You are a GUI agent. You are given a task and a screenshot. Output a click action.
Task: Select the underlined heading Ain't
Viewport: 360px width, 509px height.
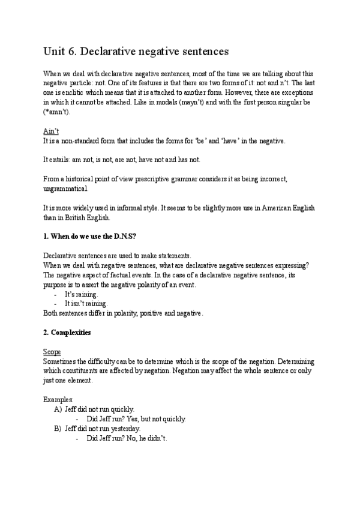pyautogui.click(x=51, y=130)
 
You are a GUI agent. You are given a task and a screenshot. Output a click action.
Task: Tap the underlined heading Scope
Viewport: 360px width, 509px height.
pyautogui.click(x=52, y=352)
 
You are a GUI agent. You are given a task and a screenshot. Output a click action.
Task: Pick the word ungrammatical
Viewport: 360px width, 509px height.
pyautogui.click(x=65, y=188)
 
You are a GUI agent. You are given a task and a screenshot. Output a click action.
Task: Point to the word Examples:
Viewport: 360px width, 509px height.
pyautogui.click(x=59, y=399)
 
